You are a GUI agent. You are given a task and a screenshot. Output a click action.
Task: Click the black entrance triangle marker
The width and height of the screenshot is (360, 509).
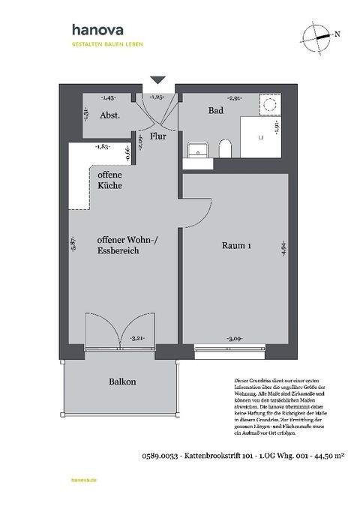pos(157,79)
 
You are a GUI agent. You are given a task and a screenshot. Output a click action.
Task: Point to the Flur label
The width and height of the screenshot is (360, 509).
pos(157,137)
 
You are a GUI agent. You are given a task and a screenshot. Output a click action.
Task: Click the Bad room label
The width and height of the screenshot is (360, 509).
pos(216,110)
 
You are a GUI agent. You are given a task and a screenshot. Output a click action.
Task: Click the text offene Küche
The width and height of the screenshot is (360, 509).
pos(111,179)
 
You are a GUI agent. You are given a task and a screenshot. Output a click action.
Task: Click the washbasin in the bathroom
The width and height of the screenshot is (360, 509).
pos(196,148)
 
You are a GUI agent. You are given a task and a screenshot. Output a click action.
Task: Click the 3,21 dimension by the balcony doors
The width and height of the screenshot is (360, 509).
pos(137,339)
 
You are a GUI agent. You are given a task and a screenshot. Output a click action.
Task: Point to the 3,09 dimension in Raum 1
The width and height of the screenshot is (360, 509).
pos(234,339)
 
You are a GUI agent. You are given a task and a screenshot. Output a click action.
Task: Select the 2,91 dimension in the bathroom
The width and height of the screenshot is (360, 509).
pos(235,98)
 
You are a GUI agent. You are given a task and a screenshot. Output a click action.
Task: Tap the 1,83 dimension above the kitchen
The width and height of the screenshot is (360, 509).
pos(102,147)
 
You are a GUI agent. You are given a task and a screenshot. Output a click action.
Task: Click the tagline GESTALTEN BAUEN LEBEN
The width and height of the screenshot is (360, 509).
pos(107,44)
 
